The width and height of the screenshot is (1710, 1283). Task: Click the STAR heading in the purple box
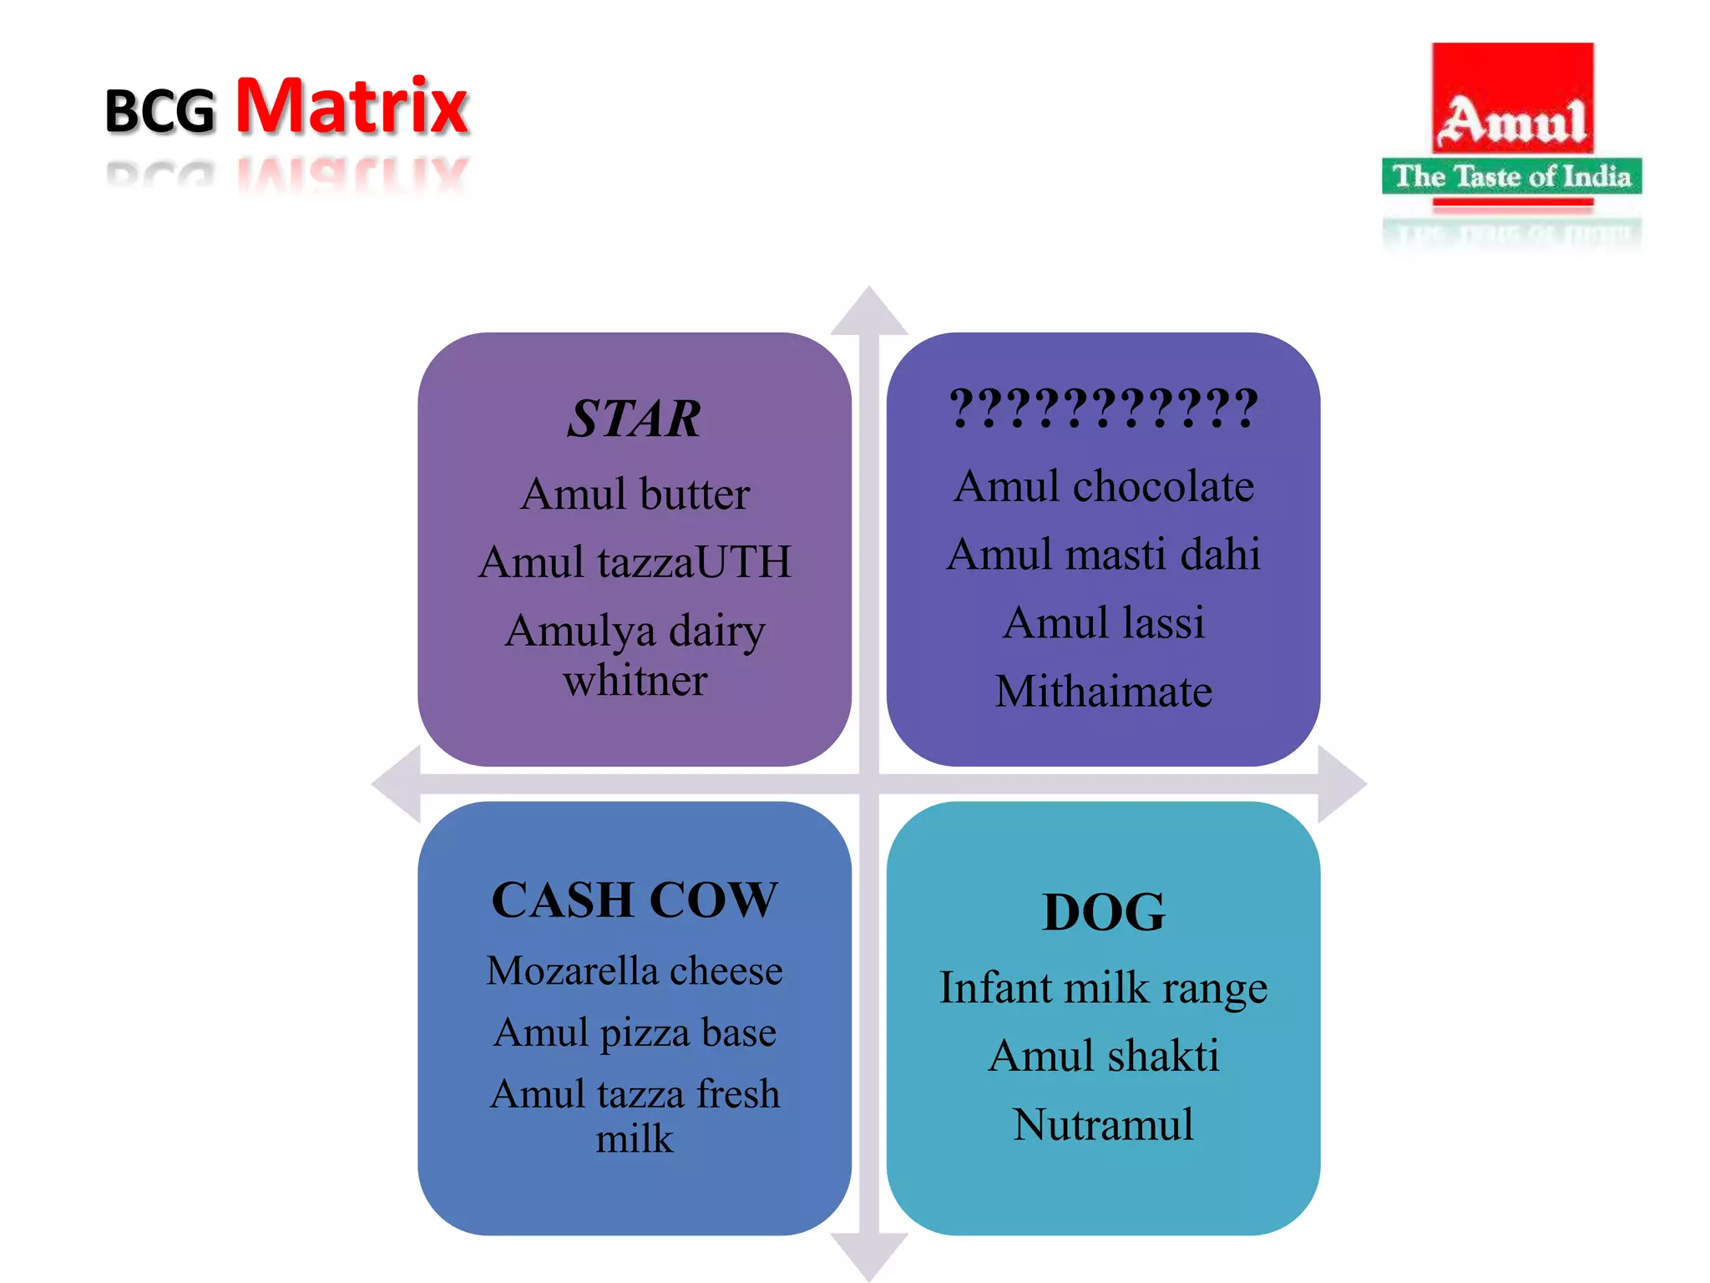[x=634, y=418]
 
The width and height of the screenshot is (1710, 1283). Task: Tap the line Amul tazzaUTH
[x=635, y=561]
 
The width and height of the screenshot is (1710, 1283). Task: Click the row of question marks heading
[x=1103, y=409]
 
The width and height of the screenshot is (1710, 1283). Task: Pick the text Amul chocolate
[x=1103, y=486]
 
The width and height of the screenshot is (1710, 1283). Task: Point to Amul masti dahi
[x=1103, y=555]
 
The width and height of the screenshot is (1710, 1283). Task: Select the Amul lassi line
[x=1103, y=623]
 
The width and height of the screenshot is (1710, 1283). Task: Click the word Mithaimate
[x=1103, y=692]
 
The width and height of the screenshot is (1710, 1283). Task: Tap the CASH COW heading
[x=635, y=900]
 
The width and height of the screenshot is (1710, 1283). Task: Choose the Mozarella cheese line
[x=635, y=971]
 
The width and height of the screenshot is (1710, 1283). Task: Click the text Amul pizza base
[x=635, y=1032]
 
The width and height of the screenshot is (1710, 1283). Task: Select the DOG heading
[x=1103, y=912]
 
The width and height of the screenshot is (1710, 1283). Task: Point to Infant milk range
[x=1103, y=987]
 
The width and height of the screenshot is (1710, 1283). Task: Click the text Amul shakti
[x=1103, y=1056]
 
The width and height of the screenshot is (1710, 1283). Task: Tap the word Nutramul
[x=1103, y=1124]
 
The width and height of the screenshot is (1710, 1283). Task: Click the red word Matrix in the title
[x=352, y=106]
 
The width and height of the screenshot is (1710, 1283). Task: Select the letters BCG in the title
[x=159, y=111]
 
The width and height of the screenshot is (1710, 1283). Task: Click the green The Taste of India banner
[x=1511, y=176]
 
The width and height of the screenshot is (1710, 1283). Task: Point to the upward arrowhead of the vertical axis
[x=869, y=311]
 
